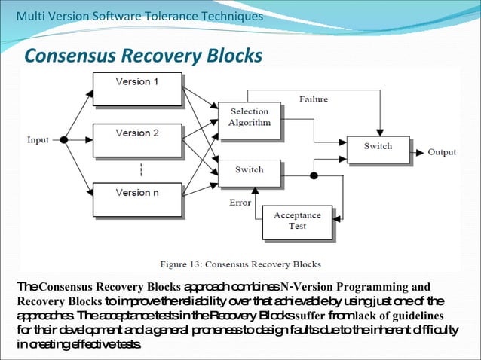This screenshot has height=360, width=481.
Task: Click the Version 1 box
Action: click(136, 89)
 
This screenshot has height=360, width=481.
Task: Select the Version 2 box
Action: click(136, 140)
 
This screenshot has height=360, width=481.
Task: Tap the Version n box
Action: click(136, 199)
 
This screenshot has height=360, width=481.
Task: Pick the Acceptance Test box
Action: click(297, 221)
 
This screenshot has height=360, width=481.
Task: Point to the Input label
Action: click(38, 140)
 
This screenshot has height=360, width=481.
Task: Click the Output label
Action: click(442, 152)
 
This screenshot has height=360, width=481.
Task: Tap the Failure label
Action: click(313, 99)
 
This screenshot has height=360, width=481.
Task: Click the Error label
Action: click(240, 203)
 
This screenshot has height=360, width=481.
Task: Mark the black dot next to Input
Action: click(64, 140)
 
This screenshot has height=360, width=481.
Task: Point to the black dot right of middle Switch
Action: click(314, 175)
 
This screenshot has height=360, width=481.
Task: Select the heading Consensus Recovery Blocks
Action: click(143, 56)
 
